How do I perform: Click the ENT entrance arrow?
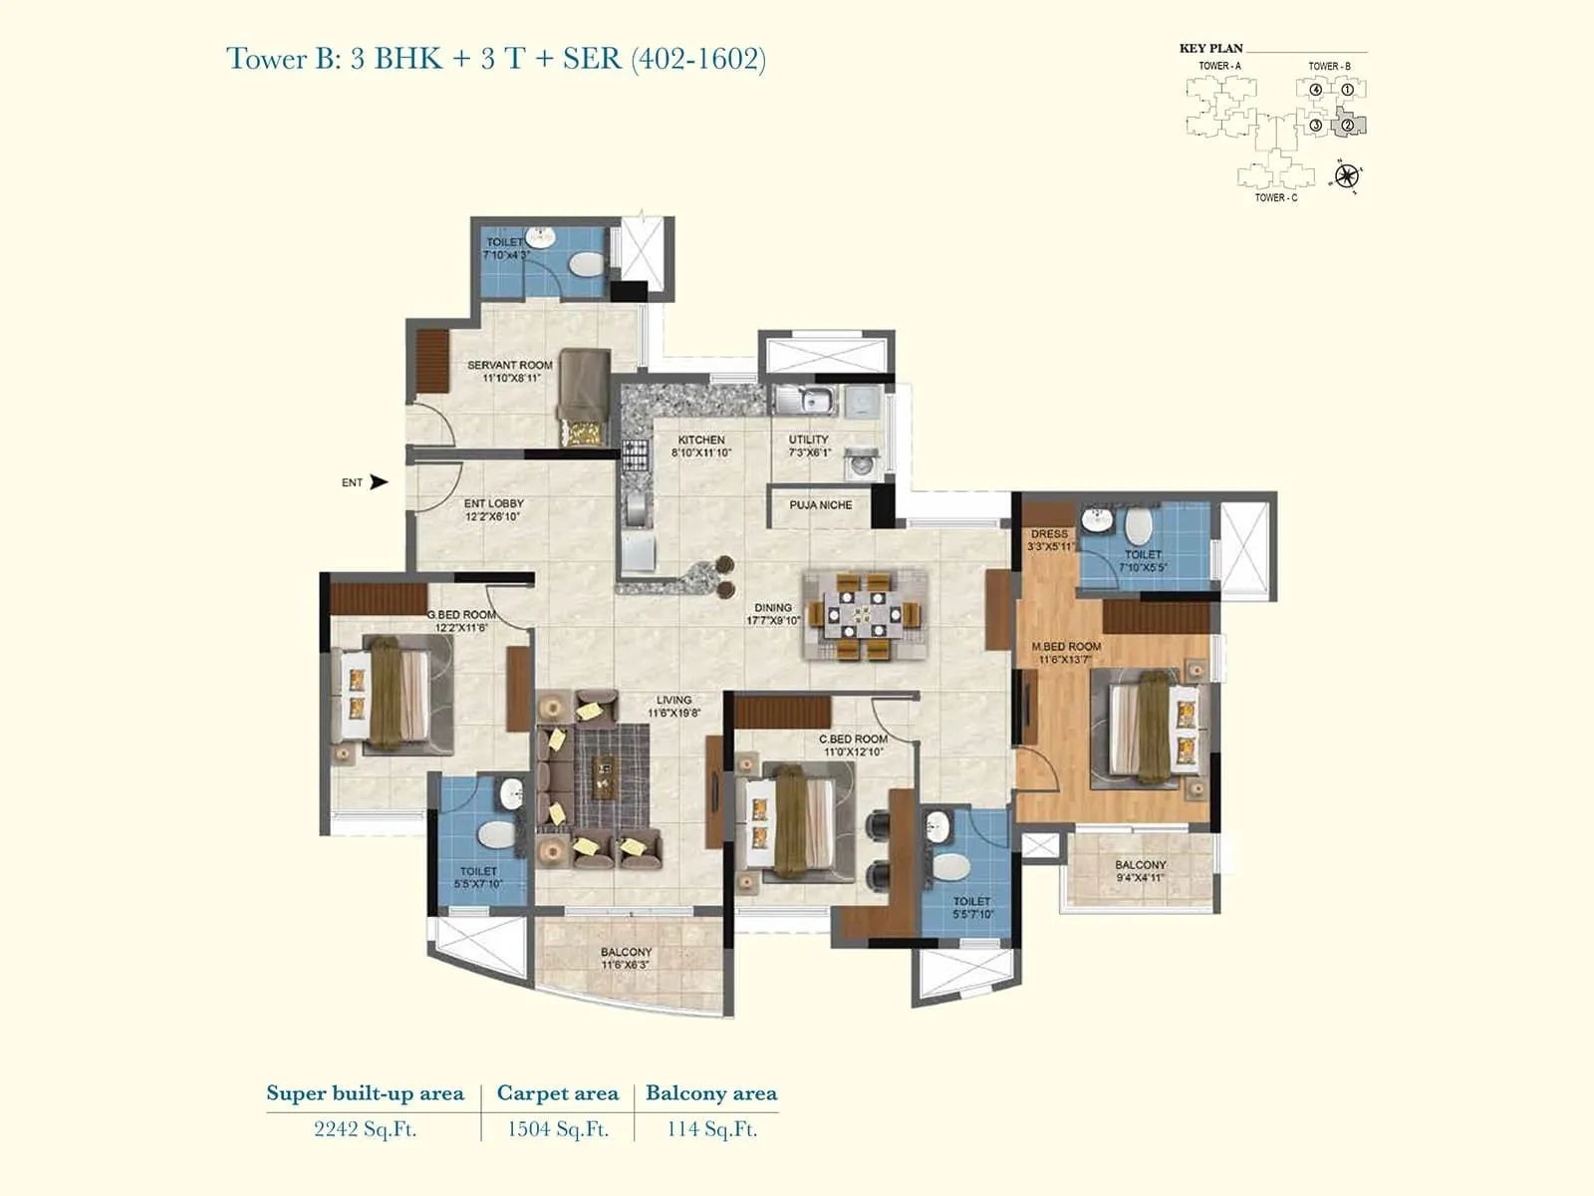pyautogui.click(x=379, y=482)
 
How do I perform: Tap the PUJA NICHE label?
pyautogui.click(x=820, y=505)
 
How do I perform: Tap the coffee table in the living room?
pyautogui.click(x=603, y=776)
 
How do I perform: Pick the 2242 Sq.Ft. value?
pyautogui.click(x=365, y=1129)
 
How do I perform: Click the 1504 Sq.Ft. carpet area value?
pyautogui.click(x=557, y=1129)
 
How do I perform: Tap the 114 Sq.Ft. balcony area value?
pyautogui.click(x=711, y=1129)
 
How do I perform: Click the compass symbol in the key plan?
pyautogui.click(x=1346, y=176)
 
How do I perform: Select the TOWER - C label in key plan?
pyautogui.click(x=1275, y=198)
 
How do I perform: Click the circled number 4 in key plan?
pyautogui.click(x=1316, y=90)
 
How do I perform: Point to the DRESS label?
pyautogui.click(x=1049, y=534)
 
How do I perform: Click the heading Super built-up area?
pyautogui.click(x=365, y=1093)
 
